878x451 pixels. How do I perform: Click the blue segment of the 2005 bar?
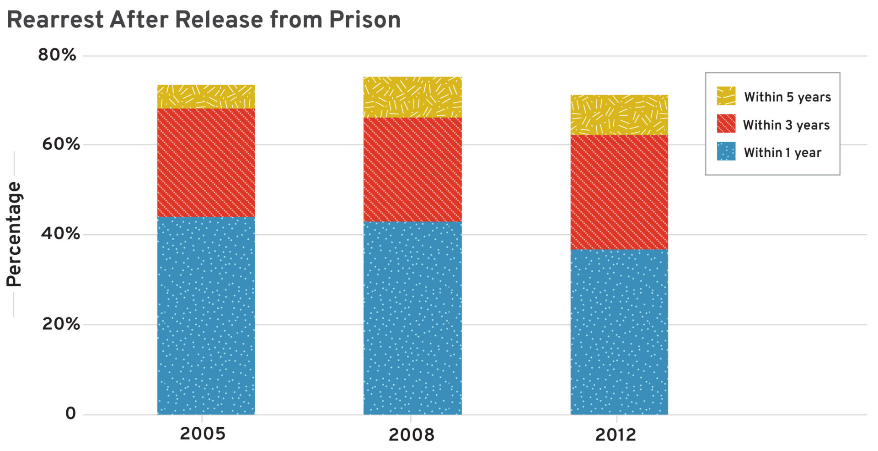[x=206, y=316]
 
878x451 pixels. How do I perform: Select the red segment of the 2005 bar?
[x=206, y=162]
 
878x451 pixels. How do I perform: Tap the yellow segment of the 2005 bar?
[x=206, y=97]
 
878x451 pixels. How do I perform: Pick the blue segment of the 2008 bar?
[x=412, y=318]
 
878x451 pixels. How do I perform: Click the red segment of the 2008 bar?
[x=412, y=170]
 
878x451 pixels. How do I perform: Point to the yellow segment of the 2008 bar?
[x=412, y=97]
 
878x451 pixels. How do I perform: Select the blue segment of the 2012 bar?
[x=619, y=332]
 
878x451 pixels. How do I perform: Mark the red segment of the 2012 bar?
[x=619, y=192]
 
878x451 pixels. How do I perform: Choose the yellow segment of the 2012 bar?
[x=619, y=115]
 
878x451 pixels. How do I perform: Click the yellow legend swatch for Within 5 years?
[x=726, y=96]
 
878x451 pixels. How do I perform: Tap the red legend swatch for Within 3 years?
[x=726, y=124]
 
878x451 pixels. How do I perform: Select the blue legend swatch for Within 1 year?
[x=726, y=151]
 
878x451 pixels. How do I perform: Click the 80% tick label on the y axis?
[x=57, y=55]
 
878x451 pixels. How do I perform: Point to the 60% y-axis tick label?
[x=61, y=145]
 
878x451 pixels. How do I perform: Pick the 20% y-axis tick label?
[x=61, y=324]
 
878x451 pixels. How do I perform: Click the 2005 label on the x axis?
[x=203, y=434]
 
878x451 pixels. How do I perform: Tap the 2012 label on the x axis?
[x=616, y=435]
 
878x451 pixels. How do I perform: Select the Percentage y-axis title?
[x=14, y=234]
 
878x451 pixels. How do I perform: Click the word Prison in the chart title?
[x=364, y=20]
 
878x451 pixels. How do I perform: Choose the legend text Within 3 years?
[x=786, y=125]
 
